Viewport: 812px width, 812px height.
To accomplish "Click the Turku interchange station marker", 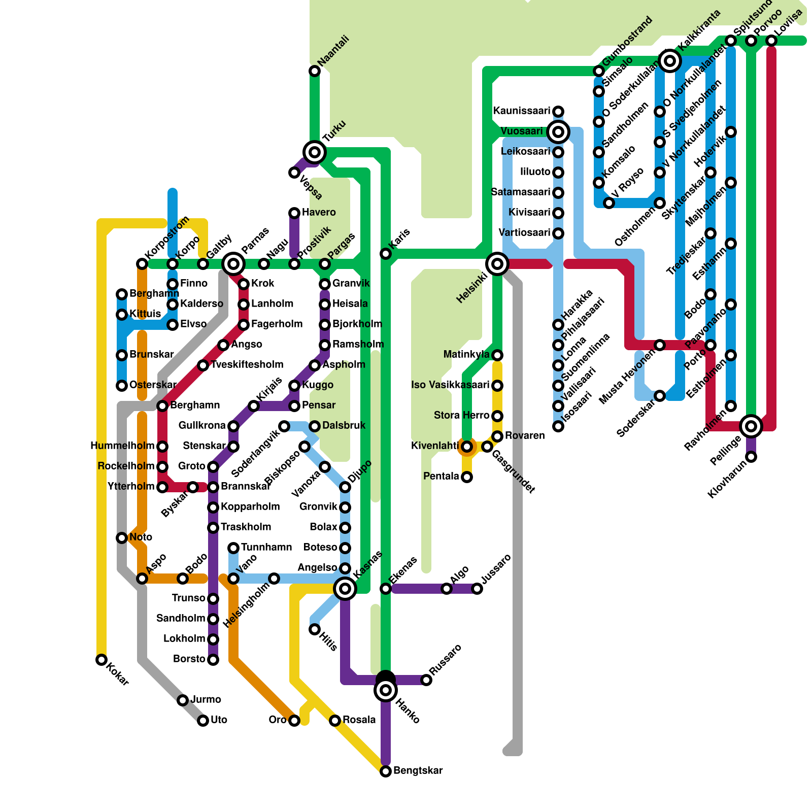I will pos(315,152).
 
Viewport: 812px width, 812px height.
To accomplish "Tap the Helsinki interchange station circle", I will pos(497,263).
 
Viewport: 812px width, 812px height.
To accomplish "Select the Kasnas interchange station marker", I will pos(345,588).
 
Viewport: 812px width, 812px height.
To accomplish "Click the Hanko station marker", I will pos(386,690).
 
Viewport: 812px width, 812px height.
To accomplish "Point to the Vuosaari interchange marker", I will pos(558,132).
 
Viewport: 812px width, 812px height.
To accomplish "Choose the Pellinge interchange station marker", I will pos(751,426).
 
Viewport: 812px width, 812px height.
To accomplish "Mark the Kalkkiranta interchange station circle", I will pos(670,61).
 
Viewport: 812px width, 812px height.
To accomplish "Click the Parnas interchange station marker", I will pos(233,263).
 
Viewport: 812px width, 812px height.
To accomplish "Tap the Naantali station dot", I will pos(315,71).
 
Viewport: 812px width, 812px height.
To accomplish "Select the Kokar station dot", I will pos(101,660).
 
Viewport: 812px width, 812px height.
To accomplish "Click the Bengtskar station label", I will pos(418,770).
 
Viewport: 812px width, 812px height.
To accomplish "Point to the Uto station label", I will pos(219,720).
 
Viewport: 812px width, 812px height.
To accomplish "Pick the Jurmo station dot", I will pos(183,700).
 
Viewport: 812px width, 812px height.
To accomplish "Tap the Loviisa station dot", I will pos(771,41).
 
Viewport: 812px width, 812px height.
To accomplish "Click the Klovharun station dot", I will pos(751,457).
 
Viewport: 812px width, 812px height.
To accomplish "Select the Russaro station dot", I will pos(426,680).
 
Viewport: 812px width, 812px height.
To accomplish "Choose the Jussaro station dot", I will pos(477,589).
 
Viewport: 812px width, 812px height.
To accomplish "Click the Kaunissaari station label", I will pos(521,111).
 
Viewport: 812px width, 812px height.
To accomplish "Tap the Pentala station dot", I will pos(467,477).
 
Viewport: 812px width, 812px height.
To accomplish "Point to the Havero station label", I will pos(319,212).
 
